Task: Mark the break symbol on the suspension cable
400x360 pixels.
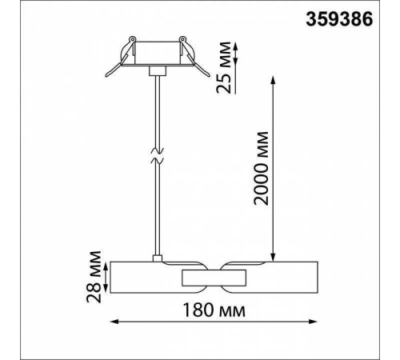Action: click(158, 154)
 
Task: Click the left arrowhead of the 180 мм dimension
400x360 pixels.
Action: click(113, 323)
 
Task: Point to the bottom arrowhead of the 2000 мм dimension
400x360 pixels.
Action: click(276, 255)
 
